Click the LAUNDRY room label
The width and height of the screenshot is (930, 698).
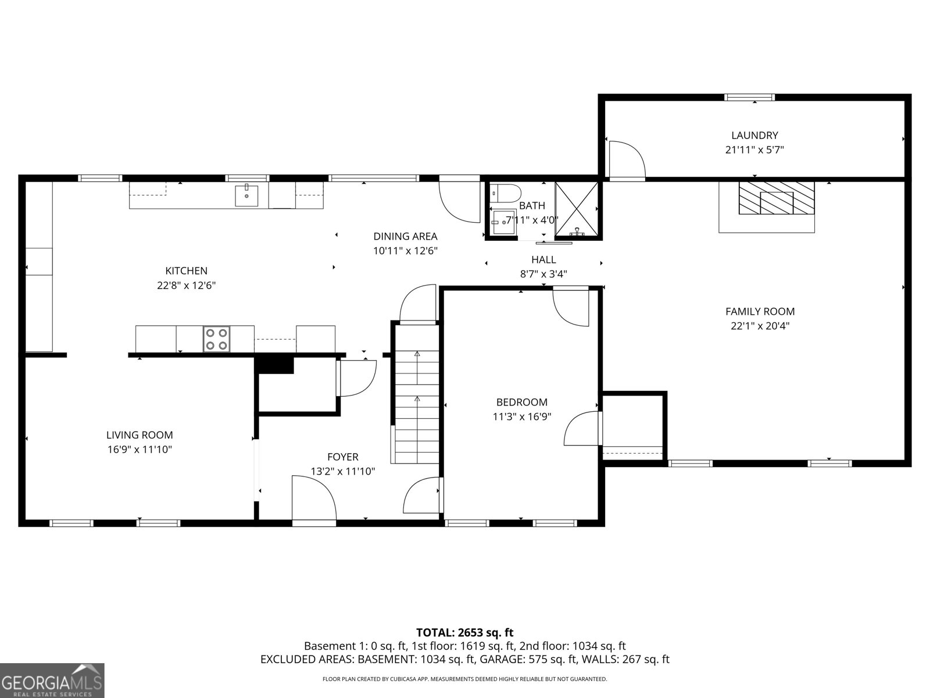tap(754, 136)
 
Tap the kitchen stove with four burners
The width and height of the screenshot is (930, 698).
tap(217, 339)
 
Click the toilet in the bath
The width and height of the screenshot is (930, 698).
tap(503, 192)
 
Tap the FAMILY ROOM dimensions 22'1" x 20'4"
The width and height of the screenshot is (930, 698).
tap(760, 326)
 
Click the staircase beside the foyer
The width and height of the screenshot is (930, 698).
tap(417, 396)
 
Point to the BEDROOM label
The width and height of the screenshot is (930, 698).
tap(521, 402)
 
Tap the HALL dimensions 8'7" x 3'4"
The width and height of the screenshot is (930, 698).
tap(543, 274)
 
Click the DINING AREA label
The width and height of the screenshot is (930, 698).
tap(405, 236)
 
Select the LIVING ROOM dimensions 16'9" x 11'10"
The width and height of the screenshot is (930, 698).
tap(139, 450)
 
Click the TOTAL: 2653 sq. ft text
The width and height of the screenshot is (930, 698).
tap(464, 632)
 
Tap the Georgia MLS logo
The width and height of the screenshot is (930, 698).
tap(52, 680)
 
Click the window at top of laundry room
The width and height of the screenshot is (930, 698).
tap(750, 97)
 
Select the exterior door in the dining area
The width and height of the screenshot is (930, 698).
tap(459, 200)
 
